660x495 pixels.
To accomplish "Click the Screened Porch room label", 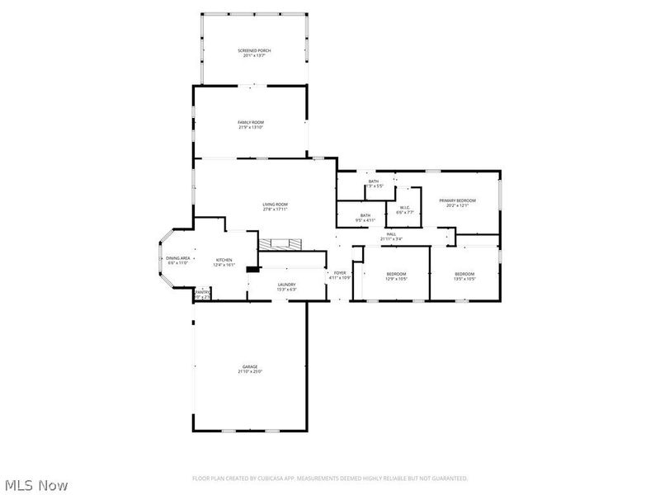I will click(x=254, y=50).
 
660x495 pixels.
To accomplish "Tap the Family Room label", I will click(x=251, y=122).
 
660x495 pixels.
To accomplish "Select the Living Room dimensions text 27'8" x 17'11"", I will click(x=276, y=210).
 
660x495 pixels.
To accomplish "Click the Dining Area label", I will click(x=179, y=258).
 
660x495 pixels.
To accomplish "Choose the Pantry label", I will click(x=201, y=291).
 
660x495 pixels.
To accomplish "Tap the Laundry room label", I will click(x=286, y=285).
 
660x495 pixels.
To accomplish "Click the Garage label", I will click(x=250, y=366).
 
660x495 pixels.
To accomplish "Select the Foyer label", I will click(x=340, y=272).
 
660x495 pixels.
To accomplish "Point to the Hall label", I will click(x=391, y=234).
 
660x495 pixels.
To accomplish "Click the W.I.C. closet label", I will click(x=404, y=207).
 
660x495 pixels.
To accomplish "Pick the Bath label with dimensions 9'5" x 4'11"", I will click(x=365, y=215).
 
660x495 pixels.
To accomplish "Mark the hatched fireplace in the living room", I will click(x=280, y=244).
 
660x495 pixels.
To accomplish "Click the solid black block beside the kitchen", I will click(x=252, y=268).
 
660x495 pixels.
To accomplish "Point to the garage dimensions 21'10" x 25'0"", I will click(x=250, y=371).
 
